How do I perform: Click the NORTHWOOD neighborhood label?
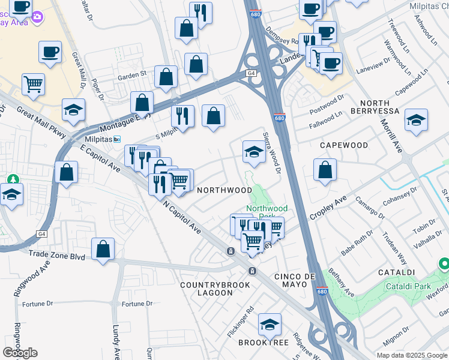224,190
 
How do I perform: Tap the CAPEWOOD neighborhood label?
343,145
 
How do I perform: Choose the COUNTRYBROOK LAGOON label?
214,289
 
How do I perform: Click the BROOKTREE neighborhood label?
264,343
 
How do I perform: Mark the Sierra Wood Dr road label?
271,154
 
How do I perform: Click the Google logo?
20,353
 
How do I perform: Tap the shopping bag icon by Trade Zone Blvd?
103,249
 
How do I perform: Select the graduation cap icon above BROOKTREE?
270,324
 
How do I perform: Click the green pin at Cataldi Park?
444,263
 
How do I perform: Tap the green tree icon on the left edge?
11,179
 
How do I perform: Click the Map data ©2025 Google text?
411,355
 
